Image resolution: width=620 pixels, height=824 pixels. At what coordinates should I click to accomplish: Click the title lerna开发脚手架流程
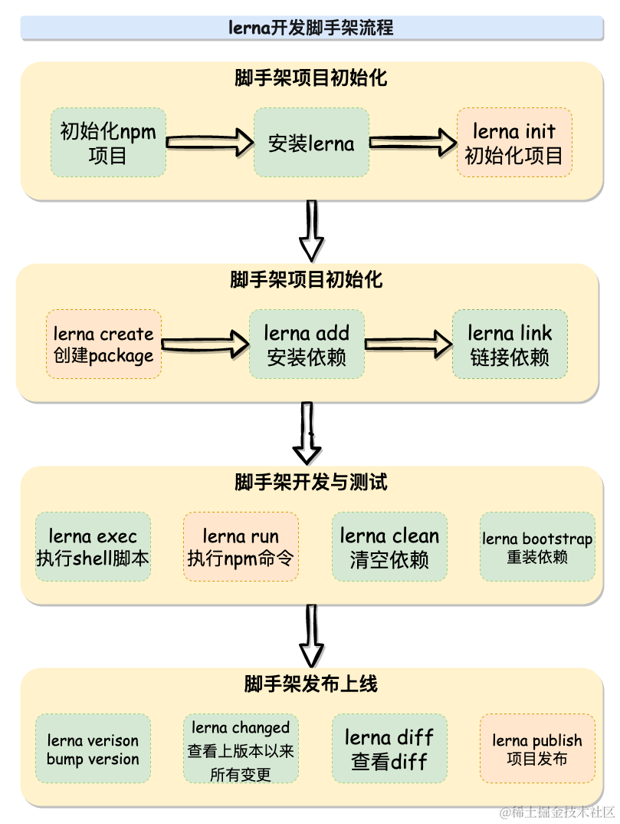[310, 28]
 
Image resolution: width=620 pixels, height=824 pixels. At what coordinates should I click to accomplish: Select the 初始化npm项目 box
[108, 143]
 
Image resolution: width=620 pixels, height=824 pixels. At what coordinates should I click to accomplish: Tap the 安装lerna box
[311, 143]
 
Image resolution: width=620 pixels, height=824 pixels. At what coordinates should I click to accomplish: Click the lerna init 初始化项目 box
[514, 143]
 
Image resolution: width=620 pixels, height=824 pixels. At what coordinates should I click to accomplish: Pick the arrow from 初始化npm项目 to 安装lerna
[209, 142]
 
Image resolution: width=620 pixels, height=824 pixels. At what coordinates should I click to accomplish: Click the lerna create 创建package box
[103, 344]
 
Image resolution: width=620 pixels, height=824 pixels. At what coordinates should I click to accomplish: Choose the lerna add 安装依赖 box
[307, 344]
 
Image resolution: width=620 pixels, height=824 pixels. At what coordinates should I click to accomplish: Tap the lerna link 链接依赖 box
[510, 344]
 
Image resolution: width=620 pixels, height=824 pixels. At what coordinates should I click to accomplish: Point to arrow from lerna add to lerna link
[408, 344]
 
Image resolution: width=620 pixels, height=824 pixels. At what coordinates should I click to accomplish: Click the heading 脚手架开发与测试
[310, 483]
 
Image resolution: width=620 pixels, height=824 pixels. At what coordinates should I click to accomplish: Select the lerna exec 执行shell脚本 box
[93, 547]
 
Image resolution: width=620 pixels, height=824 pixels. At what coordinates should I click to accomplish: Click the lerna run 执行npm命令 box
[241, 547]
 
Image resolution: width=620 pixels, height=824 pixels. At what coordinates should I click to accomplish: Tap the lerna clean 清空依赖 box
[389, 547]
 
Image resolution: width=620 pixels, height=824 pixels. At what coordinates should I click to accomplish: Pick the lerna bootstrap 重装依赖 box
[537, 547]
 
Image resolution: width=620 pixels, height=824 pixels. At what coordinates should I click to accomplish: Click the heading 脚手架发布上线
[310, 684]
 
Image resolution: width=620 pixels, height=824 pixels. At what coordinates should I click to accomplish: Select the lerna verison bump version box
[93, 749]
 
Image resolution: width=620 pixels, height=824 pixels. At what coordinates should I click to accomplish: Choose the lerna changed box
[241, 749]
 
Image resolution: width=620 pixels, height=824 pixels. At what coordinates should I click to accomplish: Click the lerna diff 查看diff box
[389, 749]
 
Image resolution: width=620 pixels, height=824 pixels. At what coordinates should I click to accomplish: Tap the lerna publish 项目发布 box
[537, 749]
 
